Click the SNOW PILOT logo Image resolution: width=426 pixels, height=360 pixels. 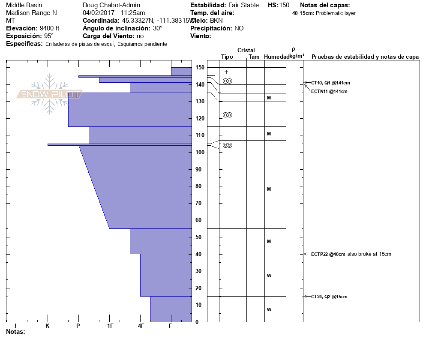tap(49, 94)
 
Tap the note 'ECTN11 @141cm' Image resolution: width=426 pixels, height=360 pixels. tap(329, 91)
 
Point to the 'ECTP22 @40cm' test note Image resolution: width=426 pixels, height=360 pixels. tap(328, 254)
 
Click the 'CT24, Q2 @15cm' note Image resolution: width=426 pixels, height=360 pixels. tap(329, 297)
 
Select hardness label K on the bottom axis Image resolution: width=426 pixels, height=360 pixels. tap(47, 326)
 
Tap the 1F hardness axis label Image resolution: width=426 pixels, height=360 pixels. tap(110, 326)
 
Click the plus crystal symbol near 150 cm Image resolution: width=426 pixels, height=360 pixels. tap(226, 72)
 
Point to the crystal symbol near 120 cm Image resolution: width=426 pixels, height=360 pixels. tap(228, 115)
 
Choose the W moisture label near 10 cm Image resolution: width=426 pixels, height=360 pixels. tap(269, 309)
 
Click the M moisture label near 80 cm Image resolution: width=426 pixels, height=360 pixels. tap(269, 189)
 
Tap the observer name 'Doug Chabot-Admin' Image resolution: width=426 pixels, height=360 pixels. tap(111, 5)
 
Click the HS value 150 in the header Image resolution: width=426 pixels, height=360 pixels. tap(284, 5)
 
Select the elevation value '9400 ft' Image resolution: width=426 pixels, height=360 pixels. tap(50, 28)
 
